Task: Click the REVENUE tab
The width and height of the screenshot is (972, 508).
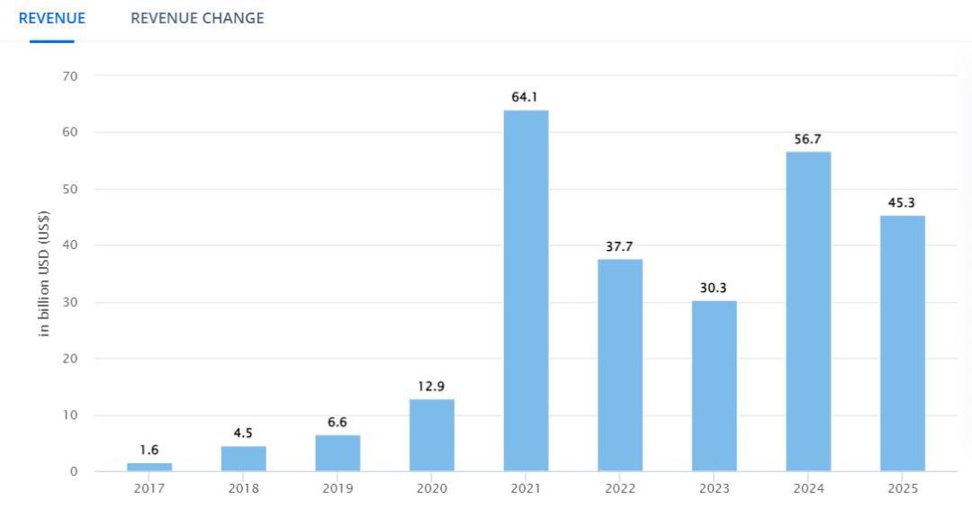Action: (52, 18)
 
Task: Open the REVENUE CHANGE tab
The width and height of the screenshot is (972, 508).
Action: (197, 18)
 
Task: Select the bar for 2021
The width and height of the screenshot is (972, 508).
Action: (526, 290)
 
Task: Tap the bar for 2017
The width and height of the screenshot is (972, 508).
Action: (149, 468)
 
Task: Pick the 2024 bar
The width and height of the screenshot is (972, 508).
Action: (808, 312)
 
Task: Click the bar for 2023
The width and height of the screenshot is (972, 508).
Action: (714, 386)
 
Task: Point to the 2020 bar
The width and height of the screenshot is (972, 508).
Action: (431, 435)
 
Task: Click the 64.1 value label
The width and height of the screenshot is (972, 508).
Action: (525, 96)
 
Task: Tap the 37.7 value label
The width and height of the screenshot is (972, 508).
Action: (619, 246)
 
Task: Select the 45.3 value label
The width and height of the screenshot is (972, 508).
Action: (901, 202)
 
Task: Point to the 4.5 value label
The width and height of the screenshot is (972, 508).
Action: (243, 433)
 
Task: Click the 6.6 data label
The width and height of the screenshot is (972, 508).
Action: (337, 422)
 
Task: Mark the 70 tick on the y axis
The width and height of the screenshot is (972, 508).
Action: (70, 76)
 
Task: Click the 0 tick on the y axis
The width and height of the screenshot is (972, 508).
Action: (74, 471)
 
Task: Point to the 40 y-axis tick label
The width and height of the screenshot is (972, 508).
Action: (70, 245)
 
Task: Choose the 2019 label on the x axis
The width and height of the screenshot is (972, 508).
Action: (337, 488)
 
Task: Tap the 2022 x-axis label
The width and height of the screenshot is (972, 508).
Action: (620, 488)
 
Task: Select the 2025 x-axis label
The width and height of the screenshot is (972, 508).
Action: (903, 488)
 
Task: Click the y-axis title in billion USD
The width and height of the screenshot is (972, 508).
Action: (43, 273)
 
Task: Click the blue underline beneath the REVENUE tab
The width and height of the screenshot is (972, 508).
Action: (52, 41)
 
